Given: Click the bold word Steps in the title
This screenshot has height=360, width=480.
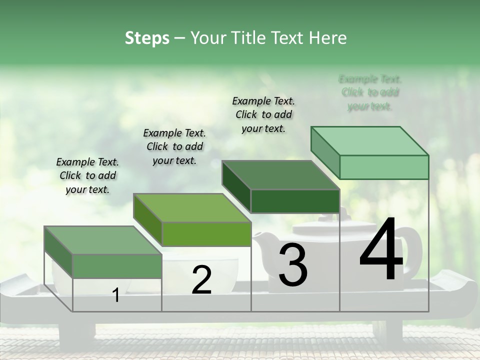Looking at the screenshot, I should click(147, 38).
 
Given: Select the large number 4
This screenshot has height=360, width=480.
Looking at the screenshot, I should click(381, 250).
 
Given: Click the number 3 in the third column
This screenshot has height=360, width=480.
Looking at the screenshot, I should click(293, 265).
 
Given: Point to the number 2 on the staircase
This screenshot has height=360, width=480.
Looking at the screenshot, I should click(201, 280).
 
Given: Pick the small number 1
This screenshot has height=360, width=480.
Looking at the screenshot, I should click(116, 295).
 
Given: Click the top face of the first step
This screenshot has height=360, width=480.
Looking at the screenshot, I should click(102, 240).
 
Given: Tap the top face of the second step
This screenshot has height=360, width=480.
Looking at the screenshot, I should click(192, 207).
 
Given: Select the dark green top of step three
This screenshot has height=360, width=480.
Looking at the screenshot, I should click(280, 175).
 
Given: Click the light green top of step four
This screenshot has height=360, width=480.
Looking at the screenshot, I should click(369, 141).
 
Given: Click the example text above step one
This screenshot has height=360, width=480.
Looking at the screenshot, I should click(87, 175).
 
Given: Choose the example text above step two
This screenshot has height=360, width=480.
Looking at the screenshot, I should click(174, 146).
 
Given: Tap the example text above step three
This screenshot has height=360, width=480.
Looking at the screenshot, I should click(263, 114).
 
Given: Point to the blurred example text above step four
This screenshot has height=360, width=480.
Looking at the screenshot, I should click(370, 92).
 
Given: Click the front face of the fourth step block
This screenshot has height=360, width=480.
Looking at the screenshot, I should click(384, 167).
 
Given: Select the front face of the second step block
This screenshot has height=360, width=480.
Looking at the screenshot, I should click(206, 234).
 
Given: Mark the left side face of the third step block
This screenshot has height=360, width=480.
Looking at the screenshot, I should click(236, 186).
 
